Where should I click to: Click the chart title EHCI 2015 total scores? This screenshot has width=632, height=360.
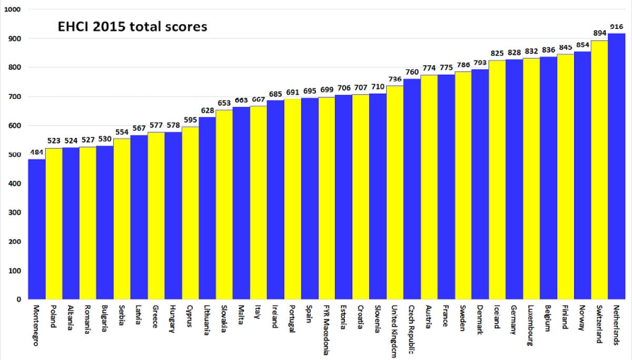(132, 27)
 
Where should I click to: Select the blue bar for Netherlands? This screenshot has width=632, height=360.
(617, 166)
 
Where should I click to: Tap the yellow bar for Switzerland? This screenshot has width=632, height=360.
(599, 170)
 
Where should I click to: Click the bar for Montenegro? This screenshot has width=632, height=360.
(37, 229)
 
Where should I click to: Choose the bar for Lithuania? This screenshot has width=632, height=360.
(208, 208)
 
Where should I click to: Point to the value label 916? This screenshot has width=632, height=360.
(617, 27)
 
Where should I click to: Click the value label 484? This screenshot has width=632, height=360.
(37, 153)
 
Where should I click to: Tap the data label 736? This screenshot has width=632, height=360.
(394, 79)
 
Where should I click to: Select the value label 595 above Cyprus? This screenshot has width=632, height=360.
(190, 120)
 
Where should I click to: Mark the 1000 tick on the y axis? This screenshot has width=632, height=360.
(13, 9)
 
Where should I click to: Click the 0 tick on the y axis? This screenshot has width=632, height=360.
(19, 299)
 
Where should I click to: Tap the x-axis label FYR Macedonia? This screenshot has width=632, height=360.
(326, 330)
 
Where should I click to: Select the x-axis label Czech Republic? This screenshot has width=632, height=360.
(411, 329)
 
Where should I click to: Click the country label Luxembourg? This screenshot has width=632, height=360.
(530, 325)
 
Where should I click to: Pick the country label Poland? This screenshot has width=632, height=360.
(53, 316)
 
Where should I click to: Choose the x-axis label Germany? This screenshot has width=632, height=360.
(513, 319)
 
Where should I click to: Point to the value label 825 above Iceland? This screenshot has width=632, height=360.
(497, 53)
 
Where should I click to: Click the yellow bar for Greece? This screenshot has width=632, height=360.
(156, 216)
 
